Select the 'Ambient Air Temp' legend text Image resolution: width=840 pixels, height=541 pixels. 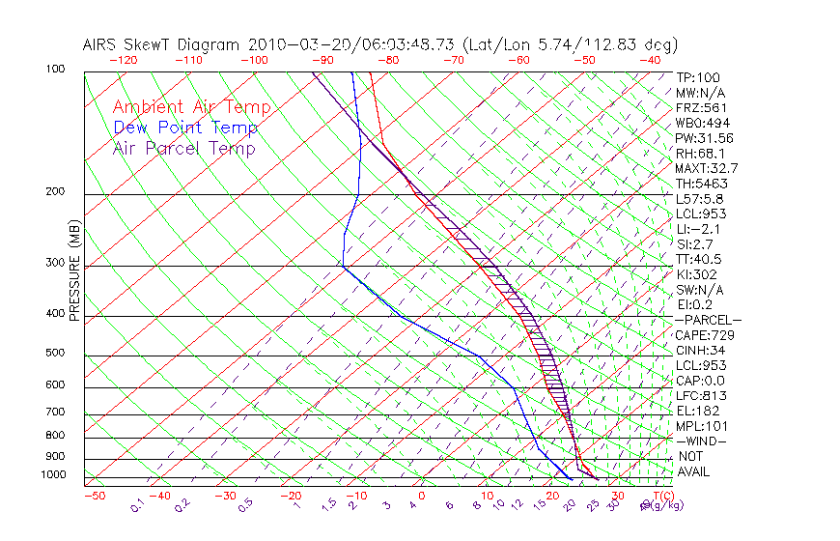pyautogui.click(x=191, y=107)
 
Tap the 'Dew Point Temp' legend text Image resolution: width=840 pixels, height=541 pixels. pyautogui.click(x=185, y=128)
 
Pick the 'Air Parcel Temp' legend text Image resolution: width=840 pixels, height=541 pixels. pyautogui.click(x=184, y=148)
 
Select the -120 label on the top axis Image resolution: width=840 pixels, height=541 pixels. pyautogui.click(x=124, y=60)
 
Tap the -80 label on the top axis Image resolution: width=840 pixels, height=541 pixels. pyautogui.click(x=388, y=60)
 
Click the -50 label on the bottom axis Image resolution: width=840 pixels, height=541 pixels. pyautogui.click(x=94, y=496)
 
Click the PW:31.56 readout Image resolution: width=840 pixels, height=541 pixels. pyautogui.click(x=705, y=138)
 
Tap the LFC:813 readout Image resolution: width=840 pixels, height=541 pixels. pyautogui.click(x=701, y=395)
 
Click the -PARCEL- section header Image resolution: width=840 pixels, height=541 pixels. pyautogui.click(x=708, y=320)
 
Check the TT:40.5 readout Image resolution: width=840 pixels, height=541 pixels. pyautogui.click(x=699, y=259)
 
